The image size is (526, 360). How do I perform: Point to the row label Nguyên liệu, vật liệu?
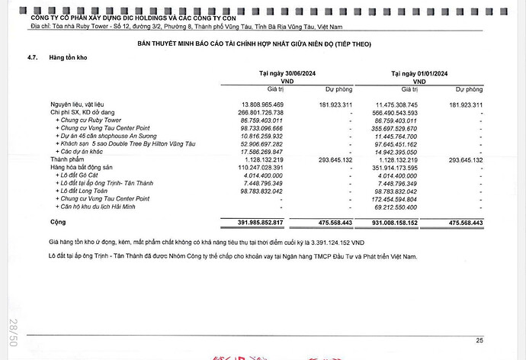coord(84,103)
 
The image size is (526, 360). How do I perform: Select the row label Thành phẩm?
coord(66,159)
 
